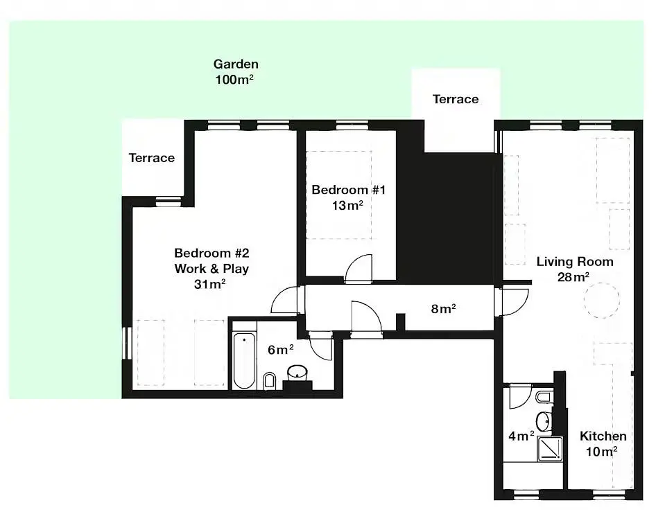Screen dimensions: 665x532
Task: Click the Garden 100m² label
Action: (x=235, y=71)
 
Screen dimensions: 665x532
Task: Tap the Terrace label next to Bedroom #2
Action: (x=152, y=158)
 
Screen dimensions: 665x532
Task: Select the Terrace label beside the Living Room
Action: (x=456, y=99)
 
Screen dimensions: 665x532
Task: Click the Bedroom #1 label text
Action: (x=349, y=190)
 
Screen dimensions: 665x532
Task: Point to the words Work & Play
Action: (x=211, y=269)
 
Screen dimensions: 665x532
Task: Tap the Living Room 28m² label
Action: (x=575, y=269)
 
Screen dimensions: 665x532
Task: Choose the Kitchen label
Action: (x=603, y=436)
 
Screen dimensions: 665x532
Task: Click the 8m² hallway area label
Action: (x=443, y=309)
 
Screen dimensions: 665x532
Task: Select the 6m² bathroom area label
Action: (x=280, y=350)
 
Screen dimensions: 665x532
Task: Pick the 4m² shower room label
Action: (x=521, y=436)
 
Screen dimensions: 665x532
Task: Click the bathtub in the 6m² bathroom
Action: (x=244, y=361)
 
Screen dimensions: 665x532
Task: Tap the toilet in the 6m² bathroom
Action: (x=269, y=381)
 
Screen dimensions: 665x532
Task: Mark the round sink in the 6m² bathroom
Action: (x=297, y=373)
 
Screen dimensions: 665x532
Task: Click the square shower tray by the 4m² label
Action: (x=550, y=449)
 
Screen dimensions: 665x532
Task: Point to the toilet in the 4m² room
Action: (x=544, y=398)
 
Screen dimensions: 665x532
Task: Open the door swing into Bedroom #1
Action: (x=359, y=268)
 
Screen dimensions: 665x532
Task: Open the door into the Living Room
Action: (x=515, y=303)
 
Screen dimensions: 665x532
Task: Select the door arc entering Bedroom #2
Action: (x=285, y=300)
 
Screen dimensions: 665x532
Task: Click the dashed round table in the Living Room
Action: (x=601, y=300)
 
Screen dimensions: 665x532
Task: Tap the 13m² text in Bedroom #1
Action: (x=347, y=206)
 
